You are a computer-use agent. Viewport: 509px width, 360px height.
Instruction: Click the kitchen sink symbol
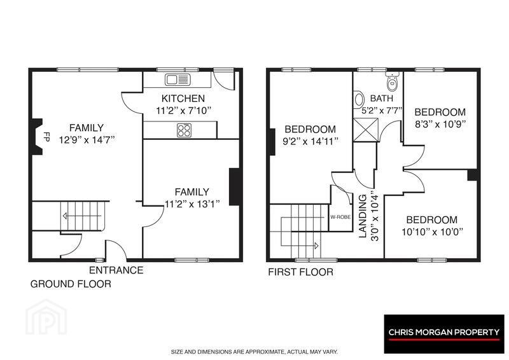click(178, 80)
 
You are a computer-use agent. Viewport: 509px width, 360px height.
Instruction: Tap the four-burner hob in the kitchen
click(184, 130)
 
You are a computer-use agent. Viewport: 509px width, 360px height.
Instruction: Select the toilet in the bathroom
click(393, 82)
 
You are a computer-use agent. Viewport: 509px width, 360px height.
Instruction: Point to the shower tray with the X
click(365, 130)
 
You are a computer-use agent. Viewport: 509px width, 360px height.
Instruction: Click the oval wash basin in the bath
click(358, 99)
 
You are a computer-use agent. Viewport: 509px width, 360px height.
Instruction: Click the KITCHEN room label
click(183, 99)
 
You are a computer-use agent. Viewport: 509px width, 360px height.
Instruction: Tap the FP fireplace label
click(46, 137)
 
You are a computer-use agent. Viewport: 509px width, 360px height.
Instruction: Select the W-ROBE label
click(340, 217)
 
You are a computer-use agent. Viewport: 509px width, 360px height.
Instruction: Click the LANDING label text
click(363, 216)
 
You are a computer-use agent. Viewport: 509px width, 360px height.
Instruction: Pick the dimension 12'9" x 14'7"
click(87, 140)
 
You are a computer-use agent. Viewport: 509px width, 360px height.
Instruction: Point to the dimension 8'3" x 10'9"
click(440, 124)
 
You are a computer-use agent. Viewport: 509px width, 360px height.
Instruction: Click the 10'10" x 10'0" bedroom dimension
click(432, 232)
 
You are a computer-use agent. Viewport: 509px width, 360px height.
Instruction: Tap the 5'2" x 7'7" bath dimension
click(382, 111)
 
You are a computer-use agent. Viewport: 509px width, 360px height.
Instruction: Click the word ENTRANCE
click(116, 270)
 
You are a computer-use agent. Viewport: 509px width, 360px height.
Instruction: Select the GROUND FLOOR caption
click(71, 284)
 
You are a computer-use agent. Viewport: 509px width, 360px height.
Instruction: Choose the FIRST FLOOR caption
click(300, 272)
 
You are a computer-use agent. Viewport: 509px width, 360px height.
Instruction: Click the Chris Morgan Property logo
click(444, 334)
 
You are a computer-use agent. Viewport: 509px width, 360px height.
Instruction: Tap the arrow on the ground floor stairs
click(83, 216)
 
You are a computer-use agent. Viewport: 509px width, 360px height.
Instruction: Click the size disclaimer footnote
click(254, 352)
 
